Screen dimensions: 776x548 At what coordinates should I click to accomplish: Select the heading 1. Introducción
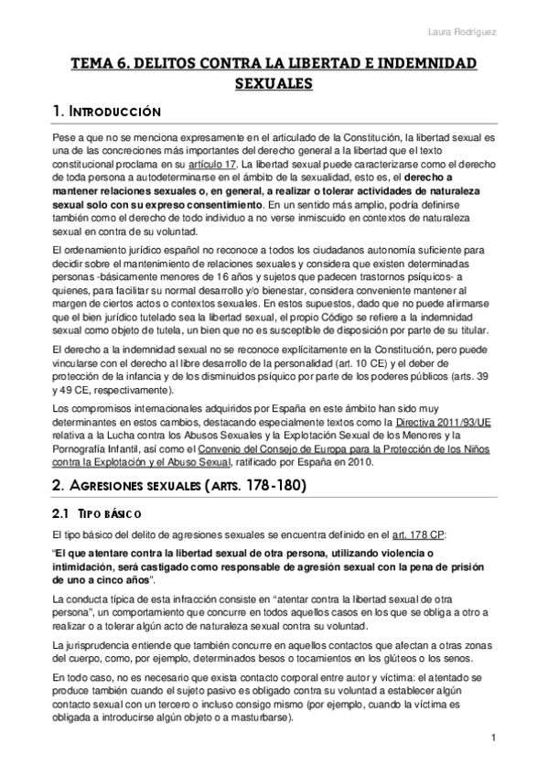click(107, 112)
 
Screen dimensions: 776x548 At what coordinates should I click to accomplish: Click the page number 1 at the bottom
click(493, 738)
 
